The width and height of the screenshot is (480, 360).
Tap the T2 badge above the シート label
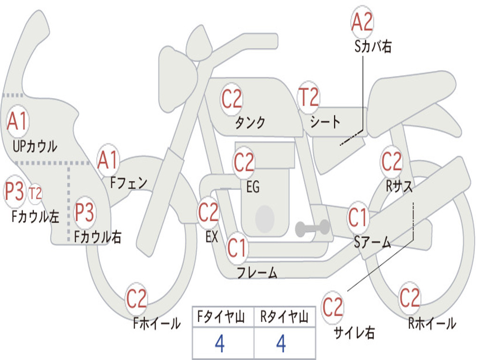pos(308,97)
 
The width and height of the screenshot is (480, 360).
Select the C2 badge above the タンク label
pos(232,99)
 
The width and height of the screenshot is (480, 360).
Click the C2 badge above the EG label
pos(244,162)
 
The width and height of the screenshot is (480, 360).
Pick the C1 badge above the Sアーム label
pos(358,217)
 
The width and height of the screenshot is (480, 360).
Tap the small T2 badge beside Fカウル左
pos(35,194)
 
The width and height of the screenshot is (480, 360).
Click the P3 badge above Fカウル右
pos(84,212)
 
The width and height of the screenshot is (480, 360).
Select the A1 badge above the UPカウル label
pos(17,121)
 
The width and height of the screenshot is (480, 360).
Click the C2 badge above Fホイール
pos(136,299)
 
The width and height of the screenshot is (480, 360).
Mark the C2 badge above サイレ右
pos(333,307)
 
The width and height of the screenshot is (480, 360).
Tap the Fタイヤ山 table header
pos(221,317)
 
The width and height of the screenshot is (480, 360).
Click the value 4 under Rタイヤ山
pos(281,344)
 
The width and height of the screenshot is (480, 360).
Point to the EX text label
pos(212,237)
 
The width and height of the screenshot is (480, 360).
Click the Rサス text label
pos(399,186)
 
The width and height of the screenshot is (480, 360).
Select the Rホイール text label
pos(432,323)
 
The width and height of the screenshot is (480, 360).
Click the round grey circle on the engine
pos(265,218)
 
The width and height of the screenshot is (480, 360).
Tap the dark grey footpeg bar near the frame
pos(313,228)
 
